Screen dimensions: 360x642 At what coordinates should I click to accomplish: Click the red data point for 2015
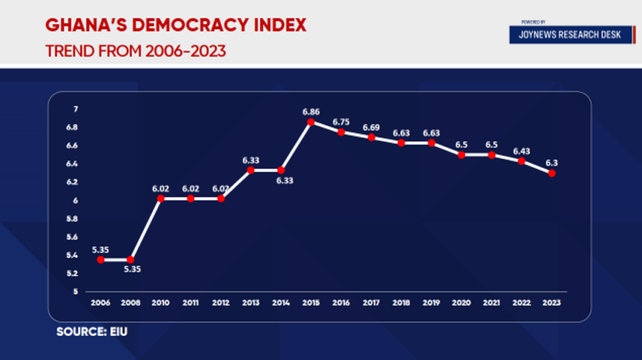pyautogui.click(x=311, y=122)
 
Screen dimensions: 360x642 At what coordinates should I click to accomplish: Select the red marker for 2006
pyautogui.click(x=100, y=260)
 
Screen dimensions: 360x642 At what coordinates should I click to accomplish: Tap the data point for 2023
pyautogui.click(x=552, y=173)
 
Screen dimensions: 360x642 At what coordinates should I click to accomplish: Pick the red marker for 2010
pyautogui.click(x=160, y=199)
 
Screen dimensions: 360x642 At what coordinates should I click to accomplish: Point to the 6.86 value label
pyautogui.click(x=311, y=112)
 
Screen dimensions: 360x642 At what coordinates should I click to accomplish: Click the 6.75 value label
pyautogui.click(x=341, y=122)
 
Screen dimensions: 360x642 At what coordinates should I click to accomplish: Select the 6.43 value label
pyautogui.click(x=522, y=151)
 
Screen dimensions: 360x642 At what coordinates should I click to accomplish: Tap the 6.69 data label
pyautogui.click(x=371, y=127)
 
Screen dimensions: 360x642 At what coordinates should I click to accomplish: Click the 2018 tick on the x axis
pyautogui.click(x=401, y=302)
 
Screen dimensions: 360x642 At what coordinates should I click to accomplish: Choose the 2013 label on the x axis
pyautogui.click(x=251, y=302)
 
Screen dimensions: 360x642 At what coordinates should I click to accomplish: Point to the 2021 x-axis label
pyautogui.click(x=492, y=302)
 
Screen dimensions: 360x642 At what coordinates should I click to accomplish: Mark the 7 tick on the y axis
pyautogui.click(x=75, y=110)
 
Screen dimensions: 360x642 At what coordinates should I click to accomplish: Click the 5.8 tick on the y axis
pyautogui.click(x=73, y=219)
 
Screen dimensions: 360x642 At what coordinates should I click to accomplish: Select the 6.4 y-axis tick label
pyautogui.click(x=73, y=164)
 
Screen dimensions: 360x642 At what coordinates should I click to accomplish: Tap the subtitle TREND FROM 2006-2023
pyautogui.click(x=135, y=50)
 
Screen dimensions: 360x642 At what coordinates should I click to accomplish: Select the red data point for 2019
pyautogui.click(x=431, y=143)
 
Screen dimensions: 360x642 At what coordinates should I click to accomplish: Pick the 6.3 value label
pyautogui.click(x=552, y=163)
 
